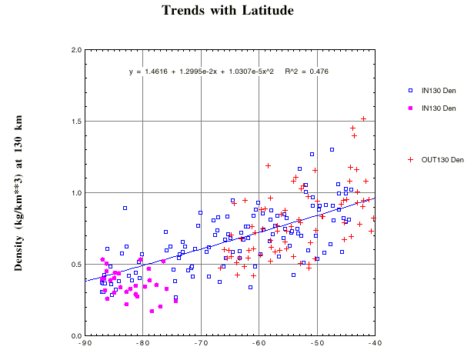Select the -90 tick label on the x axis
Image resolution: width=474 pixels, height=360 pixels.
pos(85,344)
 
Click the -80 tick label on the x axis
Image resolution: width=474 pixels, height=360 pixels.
pos(142,344)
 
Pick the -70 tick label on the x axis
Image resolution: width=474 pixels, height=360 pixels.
pos(200,344)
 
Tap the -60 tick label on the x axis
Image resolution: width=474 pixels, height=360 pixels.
pos(259,344)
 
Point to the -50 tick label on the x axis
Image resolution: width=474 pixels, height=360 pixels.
pos(316,344)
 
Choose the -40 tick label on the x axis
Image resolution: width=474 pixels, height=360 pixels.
pos(374,344)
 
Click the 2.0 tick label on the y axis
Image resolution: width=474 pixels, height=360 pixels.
pos(77,50)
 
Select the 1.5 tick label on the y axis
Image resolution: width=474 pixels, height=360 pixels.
pos(77,122)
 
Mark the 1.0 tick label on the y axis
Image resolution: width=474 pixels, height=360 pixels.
pos(77,193)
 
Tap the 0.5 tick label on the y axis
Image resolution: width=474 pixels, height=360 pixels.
pos(77,265)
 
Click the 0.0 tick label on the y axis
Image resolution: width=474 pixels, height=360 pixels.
pos(77,336)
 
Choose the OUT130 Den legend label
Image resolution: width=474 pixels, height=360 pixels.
pos(442,160)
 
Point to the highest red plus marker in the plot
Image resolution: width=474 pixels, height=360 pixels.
pos(363,118)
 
